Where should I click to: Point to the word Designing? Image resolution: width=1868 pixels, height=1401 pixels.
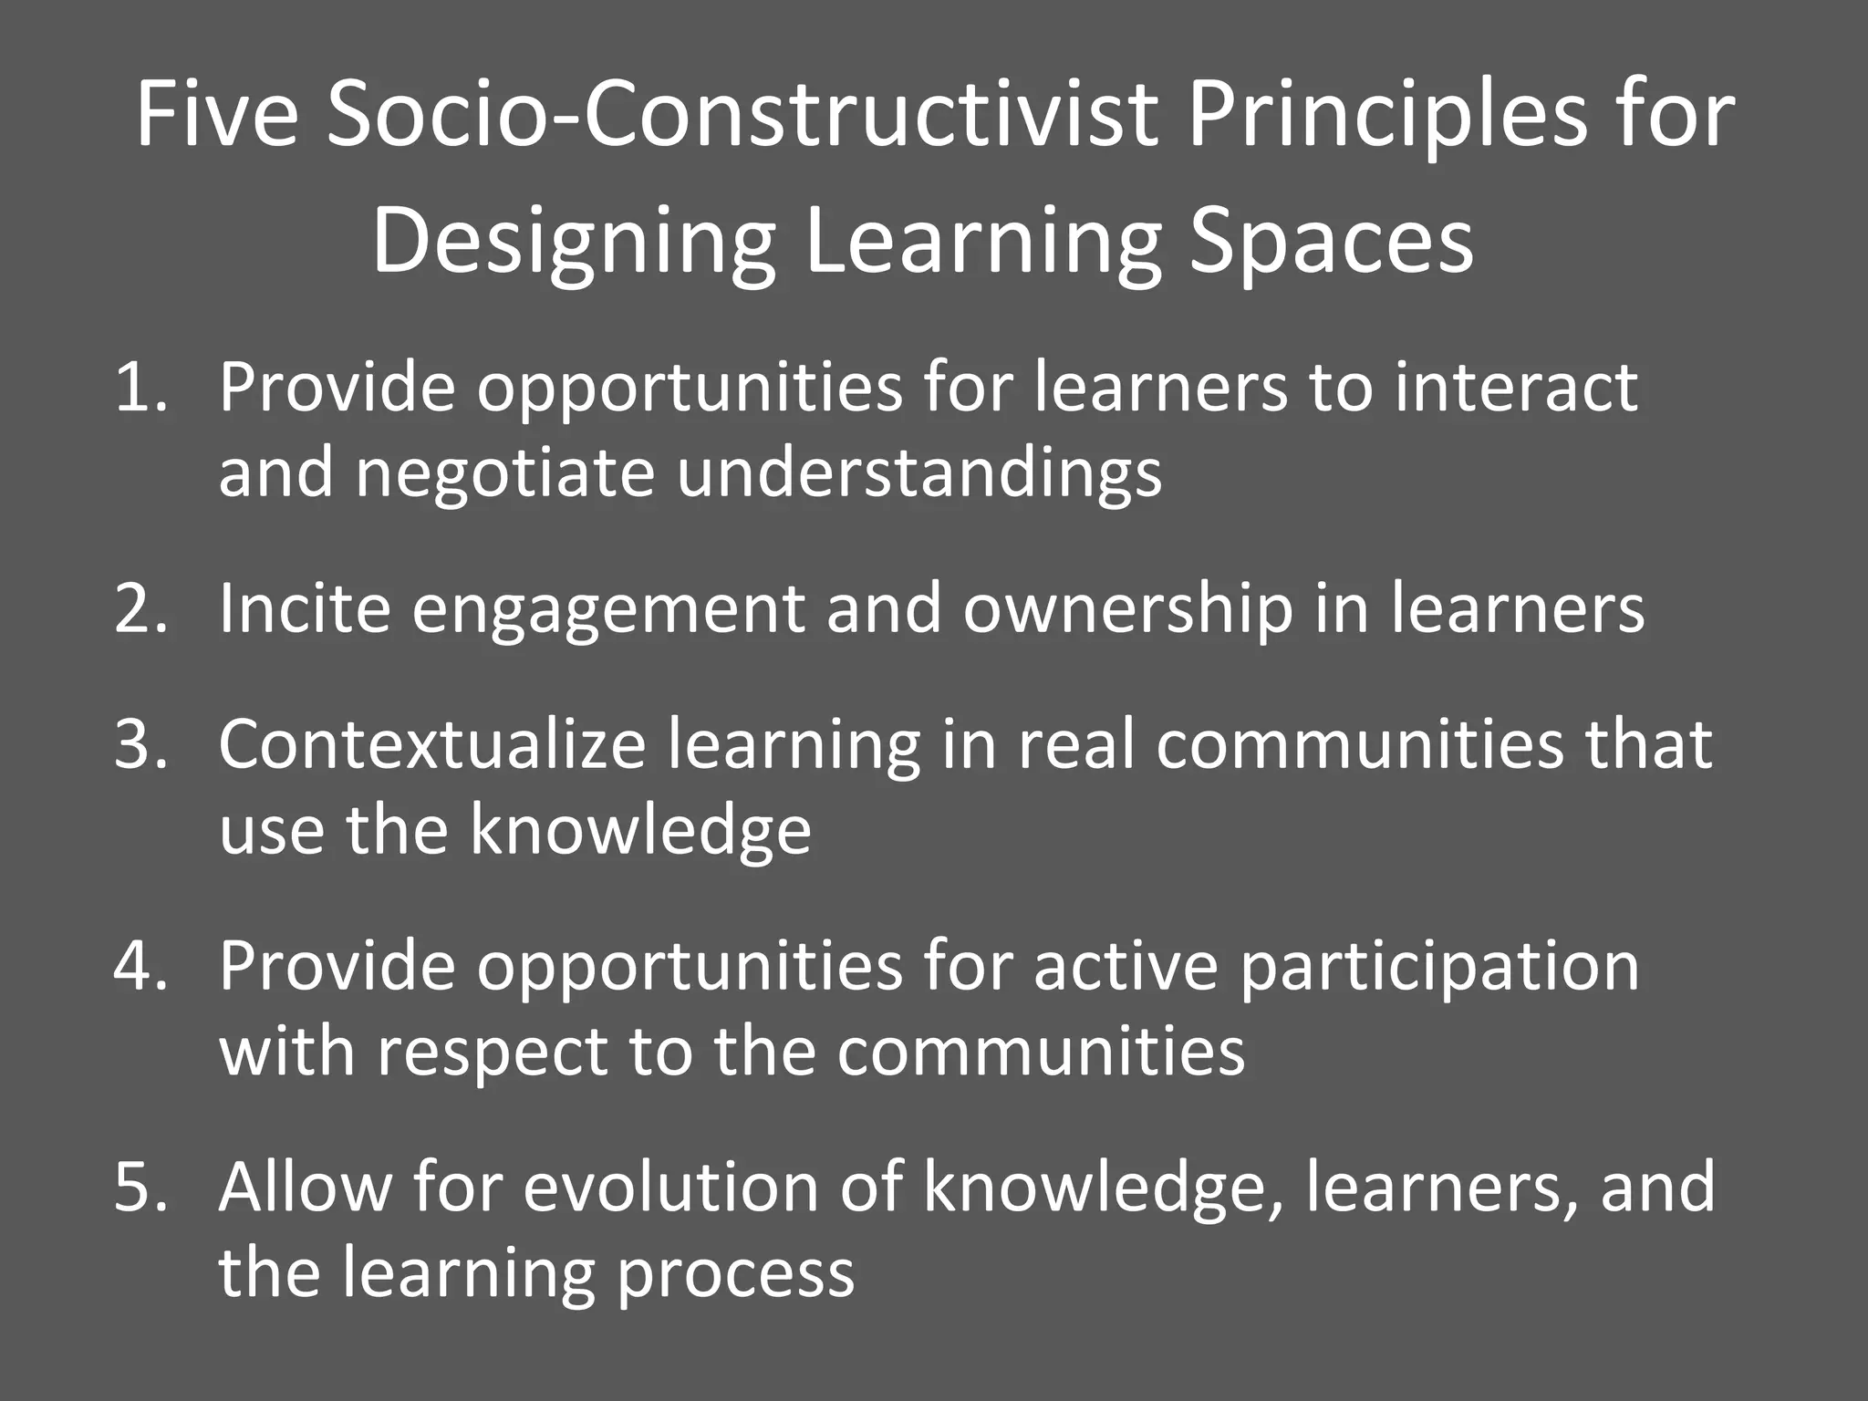574,243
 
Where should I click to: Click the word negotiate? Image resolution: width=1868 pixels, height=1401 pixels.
504,474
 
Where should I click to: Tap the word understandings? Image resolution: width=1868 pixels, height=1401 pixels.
919,474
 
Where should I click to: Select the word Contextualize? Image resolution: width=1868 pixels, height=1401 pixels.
431,743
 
